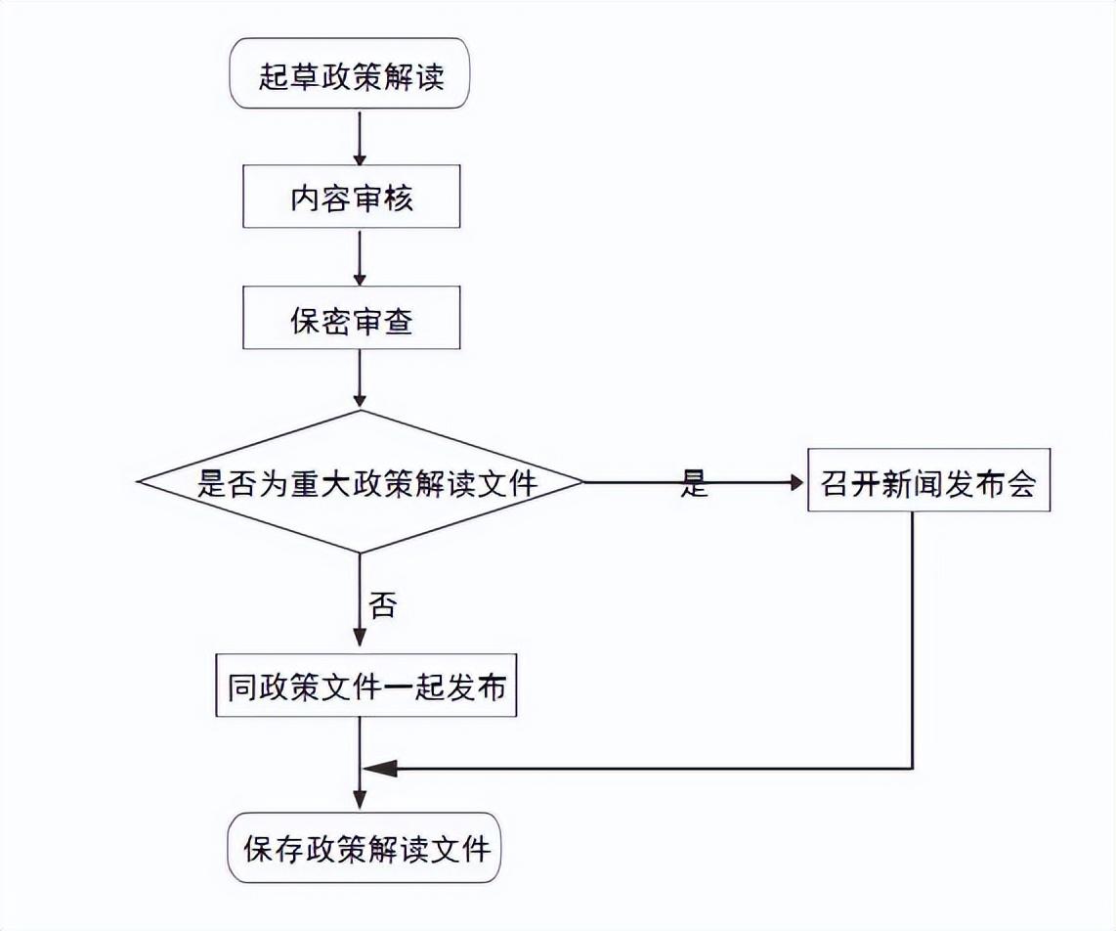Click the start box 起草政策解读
351,76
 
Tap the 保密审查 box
351,319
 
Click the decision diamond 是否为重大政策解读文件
361,482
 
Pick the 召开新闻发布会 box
928,482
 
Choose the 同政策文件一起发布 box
366,687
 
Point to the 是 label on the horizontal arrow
694,483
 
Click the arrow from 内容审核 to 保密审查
360,256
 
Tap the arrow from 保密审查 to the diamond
360,378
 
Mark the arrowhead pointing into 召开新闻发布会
794,482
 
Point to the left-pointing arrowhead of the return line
377,769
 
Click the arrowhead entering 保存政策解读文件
360,802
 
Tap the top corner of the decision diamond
360,412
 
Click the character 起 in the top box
273,76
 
